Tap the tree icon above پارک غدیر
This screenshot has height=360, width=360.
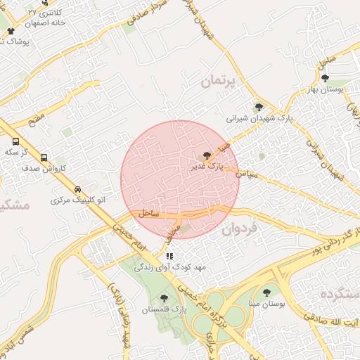pyautogui.click(x=207, y=155)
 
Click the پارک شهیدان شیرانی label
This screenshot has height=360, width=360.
pyautogui.click(x=259, y=120)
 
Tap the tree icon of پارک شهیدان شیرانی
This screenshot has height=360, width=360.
pyautogui.click(x=259, y=108)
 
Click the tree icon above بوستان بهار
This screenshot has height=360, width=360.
pyautogui.click(x=344, y=77)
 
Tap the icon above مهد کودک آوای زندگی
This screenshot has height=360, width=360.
pyautogui.click(x=169, y=256)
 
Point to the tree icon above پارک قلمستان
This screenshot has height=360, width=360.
pyautogui.click(x=165, y=298)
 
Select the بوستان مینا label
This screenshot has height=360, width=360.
pyautogui.click(x=265, y=304)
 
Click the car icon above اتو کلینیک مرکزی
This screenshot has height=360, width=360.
pyautogui.click(x=77, y=190)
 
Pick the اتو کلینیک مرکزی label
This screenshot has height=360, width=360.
pyautogui.click(x=77, y=201)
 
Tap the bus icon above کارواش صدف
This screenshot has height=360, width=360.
pyautogui.click(x=45, y=157)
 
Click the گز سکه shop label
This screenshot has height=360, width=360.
pyautogui.click(x=15, y=152)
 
